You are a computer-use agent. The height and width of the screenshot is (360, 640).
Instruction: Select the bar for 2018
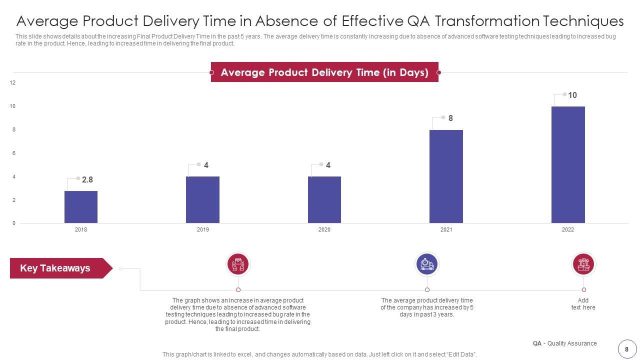coord(81,207)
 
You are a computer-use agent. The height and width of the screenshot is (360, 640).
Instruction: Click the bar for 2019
coord(202,199)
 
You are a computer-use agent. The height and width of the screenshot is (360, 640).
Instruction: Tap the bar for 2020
coord(324,199)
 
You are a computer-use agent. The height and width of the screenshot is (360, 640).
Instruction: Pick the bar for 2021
coord(446,176)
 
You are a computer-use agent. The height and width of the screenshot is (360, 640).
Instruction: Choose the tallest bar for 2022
coord(568,164)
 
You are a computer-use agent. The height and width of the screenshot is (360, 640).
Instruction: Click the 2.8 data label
coord(87,179)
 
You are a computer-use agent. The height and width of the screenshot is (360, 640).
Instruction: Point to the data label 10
coord(572,95)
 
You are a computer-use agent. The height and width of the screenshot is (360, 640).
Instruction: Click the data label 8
coord(450,118)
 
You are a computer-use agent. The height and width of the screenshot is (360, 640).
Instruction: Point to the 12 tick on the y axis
coord(13,82)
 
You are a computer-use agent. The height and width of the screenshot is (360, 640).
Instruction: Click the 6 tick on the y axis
coord(14,153)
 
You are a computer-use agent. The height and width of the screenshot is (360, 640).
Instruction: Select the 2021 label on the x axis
coord(446,230)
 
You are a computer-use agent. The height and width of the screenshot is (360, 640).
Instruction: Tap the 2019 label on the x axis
coord(202,230)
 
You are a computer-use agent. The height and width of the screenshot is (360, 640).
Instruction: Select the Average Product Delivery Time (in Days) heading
coord(324,72)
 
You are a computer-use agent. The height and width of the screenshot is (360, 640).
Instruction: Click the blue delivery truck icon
coord(427,263)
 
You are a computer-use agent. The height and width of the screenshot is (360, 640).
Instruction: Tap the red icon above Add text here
coord(583,263)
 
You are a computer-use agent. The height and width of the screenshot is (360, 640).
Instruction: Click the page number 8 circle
coord(626,349)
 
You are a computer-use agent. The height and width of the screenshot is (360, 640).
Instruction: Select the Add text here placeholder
coord(583,304)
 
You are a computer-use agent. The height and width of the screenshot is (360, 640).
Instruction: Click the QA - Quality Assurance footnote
coord(564,343)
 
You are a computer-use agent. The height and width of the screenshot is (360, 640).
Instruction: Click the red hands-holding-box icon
coord(238,263)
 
